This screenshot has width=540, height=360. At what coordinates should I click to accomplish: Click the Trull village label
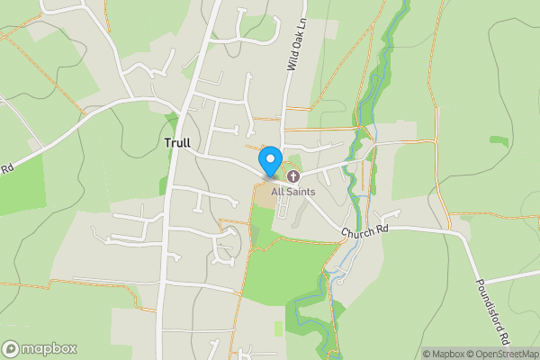tap(177, 143)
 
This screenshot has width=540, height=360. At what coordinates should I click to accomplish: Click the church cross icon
tap(293, 175)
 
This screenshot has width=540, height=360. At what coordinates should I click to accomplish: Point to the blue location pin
tap(269, 162)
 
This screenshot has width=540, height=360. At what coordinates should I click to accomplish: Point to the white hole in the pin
tap(269, 157)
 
